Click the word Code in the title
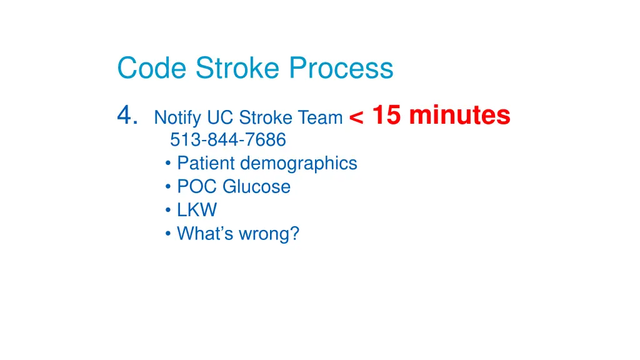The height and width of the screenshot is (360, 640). coord(152,67)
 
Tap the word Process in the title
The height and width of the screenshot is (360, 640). coord(341,67)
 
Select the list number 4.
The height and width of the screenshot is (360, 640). coord(127,115)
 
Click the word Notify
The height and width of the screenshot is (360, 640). coord(177,118)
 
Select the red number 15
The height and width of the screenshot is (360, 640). coord(386,115)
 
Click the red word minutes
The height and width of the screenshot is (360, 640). coord(459,115)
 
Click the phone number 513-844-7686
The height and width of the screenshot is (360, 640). coord(227,139)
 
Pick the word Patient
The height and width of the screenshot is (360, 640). coord(206,163)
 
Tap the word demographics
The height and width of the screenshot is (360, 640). coord(299,164)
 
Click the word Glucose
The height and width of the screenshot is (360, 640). coord(256,186)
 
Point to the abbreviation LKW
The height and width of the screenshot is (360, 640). coord(197,210)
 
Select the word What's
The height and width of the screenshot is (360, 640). coord(205,234)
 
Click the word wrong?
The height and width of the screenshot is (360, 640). coord(269,234)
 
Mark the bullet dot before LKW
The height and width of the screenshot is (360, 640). coord(167,210)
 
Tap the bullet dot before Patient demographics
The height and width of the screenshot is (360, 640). coord(167,163)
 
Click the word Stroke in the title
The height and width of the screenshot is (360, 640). coord(237,67)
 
